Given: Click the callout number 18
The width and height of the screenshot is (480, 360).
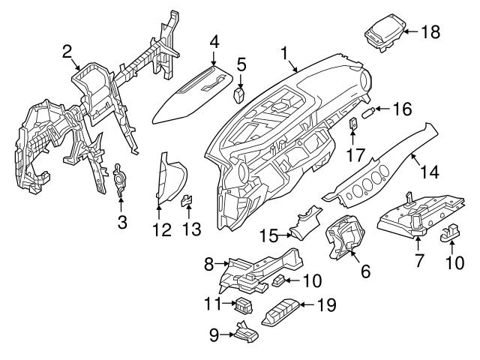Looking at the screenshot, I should pyautogui.click(x=430, y=31).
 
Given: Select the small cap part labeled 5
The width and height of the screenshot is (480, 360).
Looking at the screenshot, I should pyautogui.click(x=240, y=94).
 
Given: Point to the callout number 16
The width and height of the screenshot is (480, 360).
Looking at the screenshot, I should pyautogui.click(x=402, y=109).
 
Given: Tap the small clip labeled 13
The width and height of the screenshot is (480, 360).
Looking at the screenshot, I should pyautogui.click(x=188, y=201).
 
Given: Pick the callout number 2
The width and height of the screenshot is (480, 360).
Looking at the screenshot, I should pyautogui.click(x=67, y=51).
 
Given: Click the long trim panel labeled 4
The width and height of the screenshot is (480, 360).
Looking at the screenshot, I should pyautogui.click(x=191, y=98).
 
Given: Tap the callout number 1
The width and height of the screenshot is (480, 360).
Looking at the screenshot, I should pyautogui.click(x=284, y=53).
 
